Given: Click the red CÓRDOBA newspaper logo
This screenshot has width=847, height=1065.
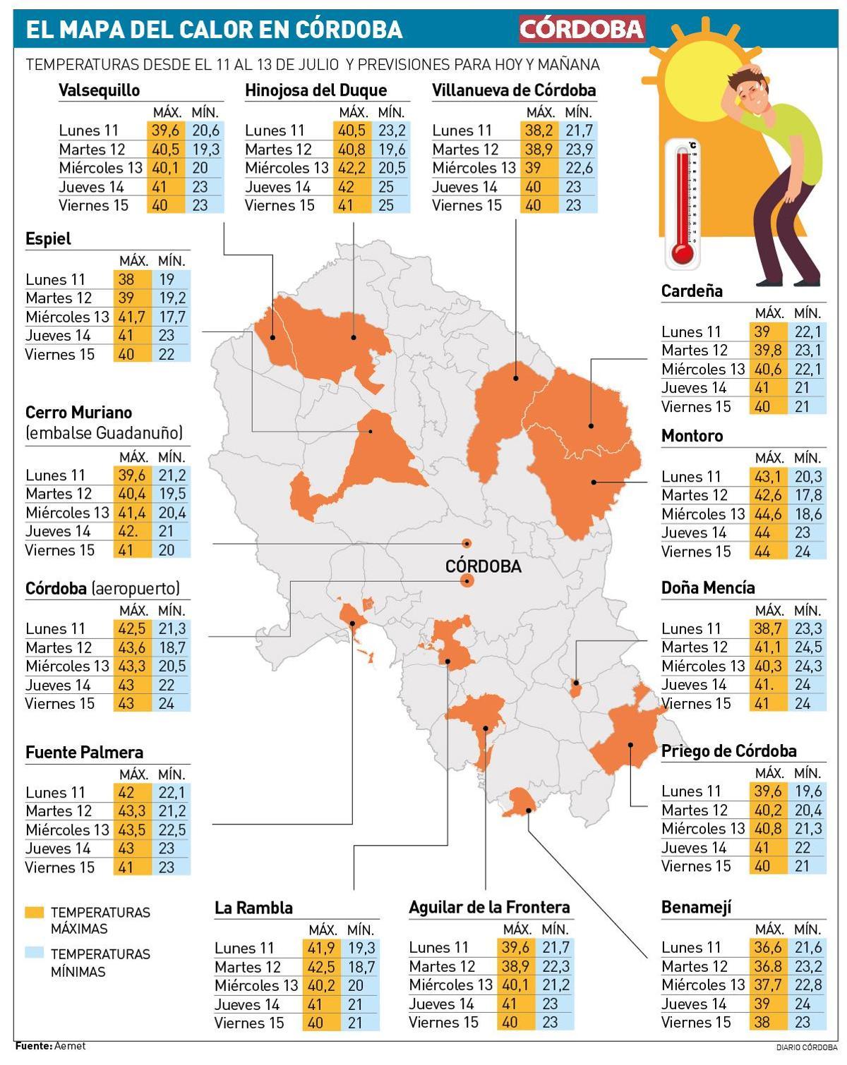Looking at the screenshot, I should (582, 29).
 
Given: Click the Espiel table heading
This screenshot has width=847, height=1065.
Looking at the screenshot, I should (48, 238).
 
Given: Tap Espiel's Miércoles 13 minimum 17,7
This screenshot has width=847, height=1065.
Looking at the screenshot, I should (172, 317).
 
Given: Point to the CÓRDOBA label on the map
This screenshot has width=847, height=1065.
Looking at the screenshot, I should (483, 566).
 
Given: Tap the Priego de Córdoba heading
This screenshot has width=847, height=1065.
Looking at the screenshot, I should (728, 750).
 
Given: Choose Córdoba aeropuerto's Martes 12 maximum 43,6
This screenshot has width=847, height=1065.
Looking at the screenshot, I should (132, 647).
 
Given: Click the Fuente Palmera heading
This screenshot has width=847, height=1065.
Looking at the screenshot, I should (84, 752).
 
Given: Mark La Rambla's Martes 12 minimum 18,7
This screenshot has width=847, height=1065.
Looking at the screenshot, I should (361, 967).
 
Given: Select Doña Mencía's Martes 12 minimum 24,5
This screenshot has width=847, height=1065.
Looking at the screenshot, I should (807, 647).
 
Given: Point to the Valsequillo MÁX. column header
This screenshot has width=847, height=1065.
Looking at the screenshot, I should (167, 112).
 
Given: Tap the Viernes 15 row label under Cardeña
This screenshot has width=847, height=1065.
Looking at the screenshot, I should (695, 406).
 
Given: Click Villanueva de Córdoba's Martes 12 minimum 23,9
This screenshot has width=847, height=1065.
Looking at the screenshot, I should (579, 150).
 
